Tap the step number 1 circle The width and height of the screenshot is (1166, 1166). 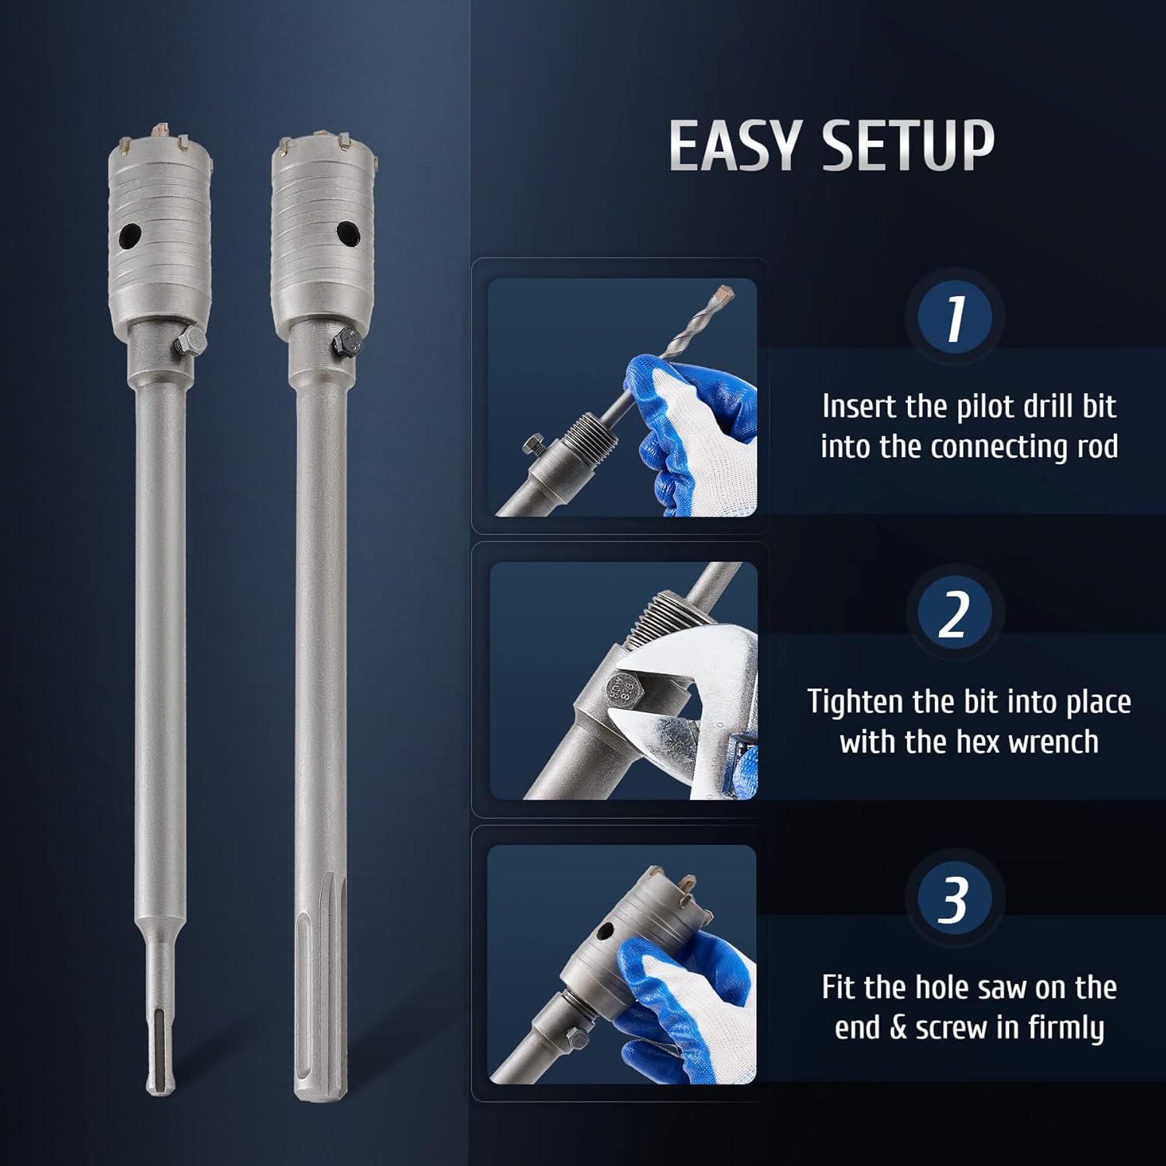pyautogui.click(x=955, y=317)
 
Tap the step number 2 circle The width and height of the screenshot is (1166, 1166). pyautogui.click(x=955, y=613)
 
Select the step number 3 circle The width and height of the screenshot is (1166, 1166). pyautogui.click(x=955, y=899)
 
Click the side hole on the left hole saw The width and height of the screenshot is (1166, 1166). pyautogui.click(x=133, y=234)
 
